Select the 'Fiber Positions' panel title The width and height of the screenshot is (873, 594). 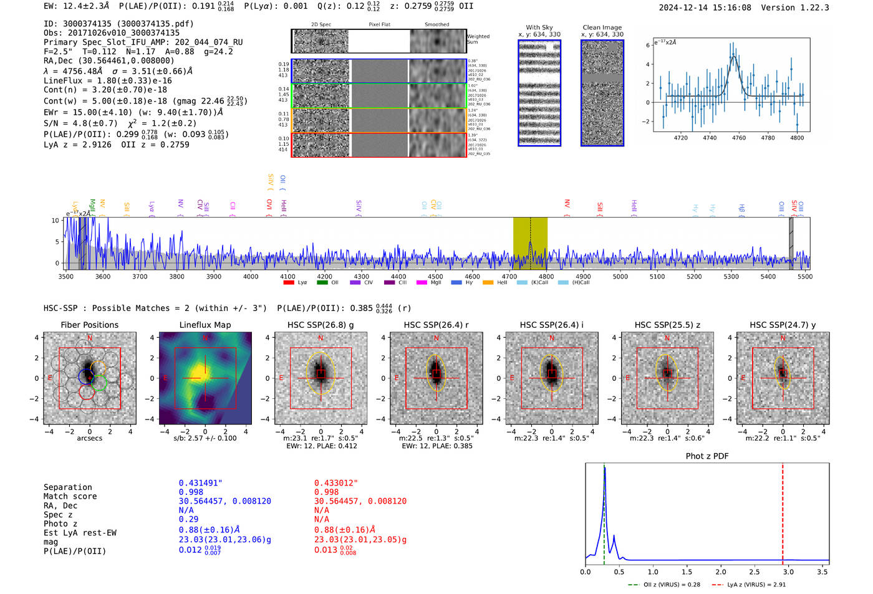(89, 325)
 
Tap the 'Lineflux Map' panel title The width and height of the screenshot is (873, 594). (205, 325)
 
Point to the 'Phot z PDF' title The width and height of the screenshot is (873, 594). (707, 456)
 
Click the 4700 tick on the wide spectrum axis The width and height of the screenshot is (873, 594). (509, 277)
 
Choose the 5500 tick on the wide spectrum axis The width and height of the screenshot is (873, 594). (804, 277)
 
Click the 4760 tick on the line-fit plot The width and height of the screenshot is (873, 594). (739, 138)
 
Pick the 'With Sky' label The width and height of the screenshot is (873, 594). (539, 27)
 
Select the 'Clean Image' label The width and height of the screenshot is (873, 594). (602, 27)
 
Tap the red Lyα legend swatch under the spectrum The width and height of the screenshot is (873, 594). (288, 283)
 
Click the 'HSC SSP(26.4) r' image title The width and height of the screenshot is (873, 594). (436, 325)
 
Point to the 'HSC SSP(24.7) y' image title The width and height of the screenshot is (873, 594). (783, 325)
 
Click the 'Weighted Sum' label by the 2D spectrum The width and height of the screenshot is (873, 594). (478, 39)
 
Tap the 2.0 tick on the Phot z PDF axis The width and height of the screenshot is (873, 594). (721, 572)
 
